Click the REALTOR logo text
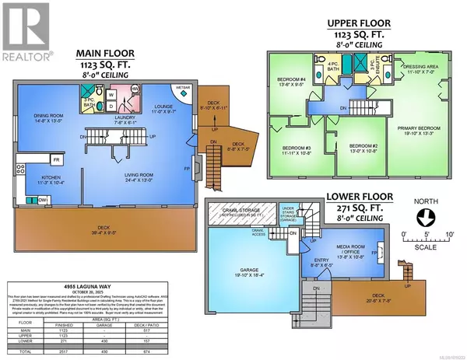(27, 55)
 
